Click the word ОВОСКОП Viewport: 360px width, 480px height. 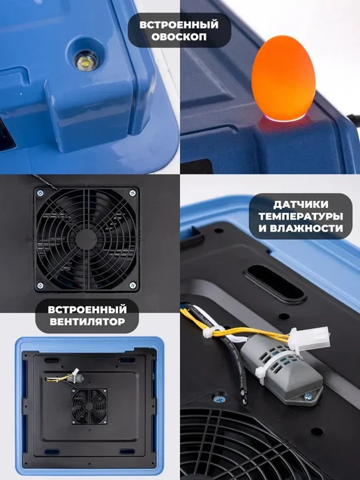(179, 37)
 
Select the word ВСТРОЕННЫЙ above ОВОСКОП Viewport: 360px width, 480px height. (179, 24)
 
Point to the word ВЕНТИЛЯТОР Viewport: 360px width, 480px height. (87, 322)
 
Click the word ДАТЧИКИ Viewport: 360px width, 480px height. (297, 204)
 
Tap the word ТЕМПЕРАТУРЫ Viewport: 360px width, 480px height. (301, 216)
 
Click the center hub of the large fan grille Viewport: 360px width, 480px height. (86, 239)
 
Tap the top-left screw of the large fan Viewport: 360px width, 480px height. (40, 193)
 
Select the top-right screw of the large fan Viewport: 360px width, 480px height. (133, 193)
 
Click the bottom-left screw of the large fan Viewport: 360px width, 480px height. (40, 285)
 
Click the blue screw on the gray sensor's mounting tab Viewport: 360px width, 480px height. (308, 398)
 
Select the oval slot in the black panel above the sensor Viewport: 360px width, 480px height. (275, 283)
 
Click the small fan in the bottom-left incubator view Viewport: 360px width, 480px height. (89, 406)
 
